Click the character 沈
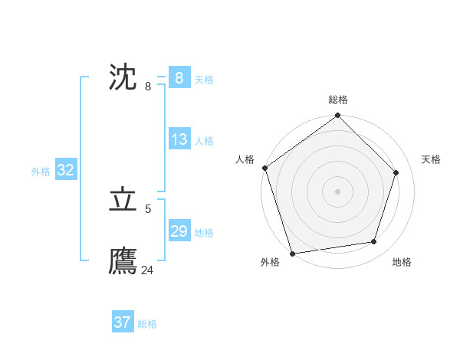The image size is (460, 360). click(x=123, y=77)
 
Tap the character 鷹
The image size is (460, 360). click(x=123, y=261)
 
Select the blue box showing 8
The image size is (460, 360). click(x=179, y=77)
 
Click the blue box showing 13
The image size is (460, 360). click(x=179, y=139)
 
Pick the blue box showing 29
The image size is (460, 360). click(x=179, y=231)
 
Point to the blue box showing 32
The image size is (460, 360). click(x=65, y=170)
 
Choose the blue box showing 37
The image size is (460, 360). click(x=122, y=322)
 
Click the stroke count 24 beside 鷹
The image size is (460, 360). click(x=148, y=270)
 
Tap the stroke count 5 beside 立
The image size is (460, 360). click(x=148, y=208)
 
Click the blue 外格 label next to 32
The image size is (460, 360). click(x=41, y=172)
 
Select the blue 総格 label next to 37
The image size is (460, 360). click(x=147, y=324)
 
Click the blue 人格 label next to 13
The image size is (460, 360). click(x=204, y=141)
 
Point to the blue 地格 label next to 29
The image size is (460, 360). click(x=204, y=233)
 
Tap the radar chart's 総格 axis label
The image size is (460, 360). click(x=338, y=100)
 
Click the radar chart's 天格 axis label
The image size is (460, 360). click(x=431, y=159)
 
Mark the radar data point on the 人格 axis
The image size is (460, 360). click(x=265, y=168)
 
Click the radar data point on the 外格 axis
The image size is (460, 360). click(x=292, y=253)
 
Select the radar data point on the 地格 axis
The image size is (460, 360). click(x=374, y=241)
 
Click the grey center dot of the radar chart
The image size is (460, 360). click(x=338, y=191)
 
